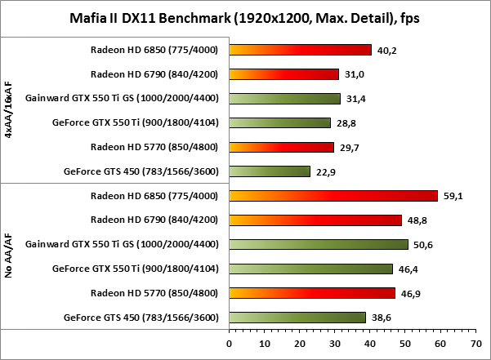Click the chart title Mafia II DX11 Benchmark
click(x=245, y=18)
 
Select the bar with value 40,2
click(x=301, y=50)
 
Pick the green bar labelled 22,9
click(x=270, y=171)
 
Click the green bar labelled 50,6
click(x=319, y=244)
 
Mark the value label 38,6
click(x=380, y=317)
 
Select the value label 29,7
click(x=348, y=147)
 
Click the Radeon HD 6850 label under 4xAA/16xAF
click(x=154, y=50)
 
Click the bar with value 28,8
click(x=280, y=122)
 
